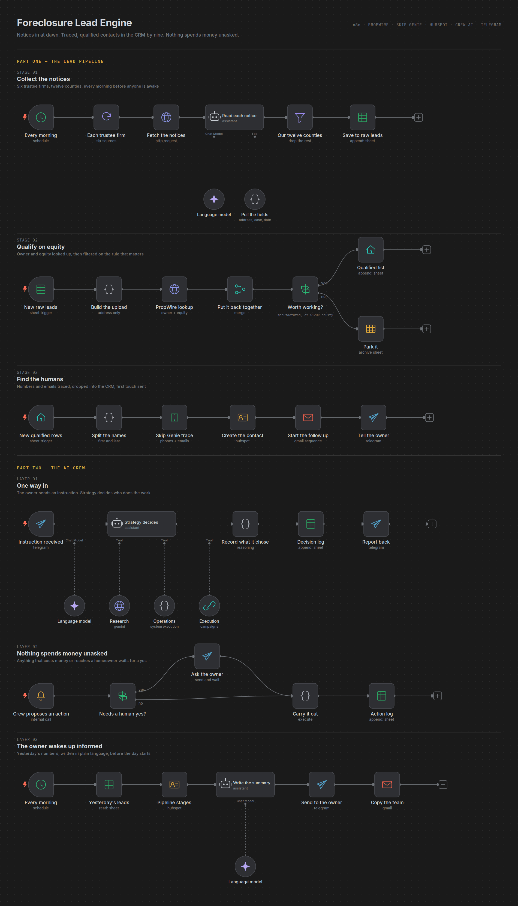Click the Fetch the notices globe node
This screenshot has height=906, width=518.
166,117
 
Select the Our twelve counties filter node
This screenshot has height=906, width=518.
300,117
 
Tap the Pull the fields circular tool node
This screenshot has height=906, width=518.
255,199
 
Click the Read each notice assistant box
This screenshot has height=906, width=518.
234,117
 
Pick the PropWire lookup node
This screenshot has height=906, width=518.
174,289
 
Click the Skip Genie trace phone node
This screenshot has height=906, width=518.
174,417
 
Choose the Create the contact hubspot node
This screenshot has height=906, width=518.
243,417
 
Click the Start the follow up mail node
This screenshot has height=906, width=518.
308,417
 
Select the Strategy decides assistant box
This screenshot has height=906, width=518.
141,524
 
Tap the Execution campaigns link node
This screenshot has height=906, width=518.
209,606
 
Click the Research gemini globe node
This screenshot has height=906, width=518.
119,606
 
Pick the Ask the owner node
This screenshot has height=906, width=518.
207,656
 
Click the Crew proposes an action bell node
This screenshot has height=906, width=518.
41,696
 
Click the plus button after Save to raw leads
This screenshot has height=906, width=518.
418,117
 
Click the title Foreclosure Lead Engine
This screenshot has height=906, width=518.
74,23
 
